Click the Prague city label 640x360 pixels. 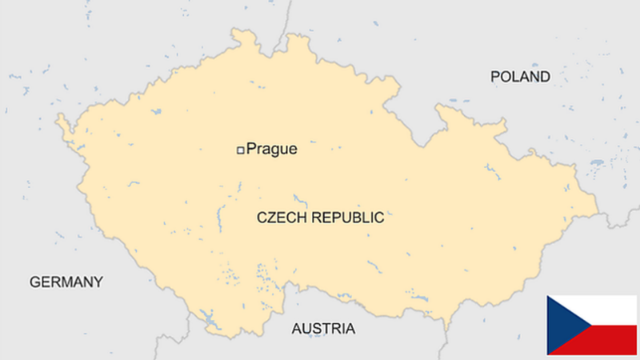point(271,149)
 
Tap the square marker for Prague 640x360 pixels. point(239,150)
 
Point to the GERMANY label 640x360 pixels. point(66,282)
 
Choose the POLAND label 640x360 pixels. point(520,77)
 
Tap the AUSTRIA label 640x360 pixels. point(322,329)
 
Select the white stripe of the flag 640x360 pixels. point(608,310)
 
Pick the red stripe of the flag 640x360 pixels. point(608,340)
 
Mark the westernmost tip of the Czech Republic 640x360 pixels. point(57,121)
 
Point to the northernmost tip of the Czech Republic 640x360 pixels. point(236,31)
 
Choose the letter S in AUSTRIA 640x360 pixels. point(315,329)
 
